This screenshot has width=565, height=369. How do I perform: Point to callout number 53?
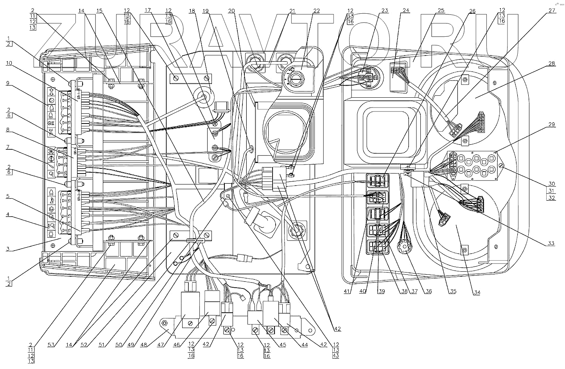click(51, 345)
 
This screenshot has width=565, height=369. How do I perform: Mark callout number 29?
click(552, 124)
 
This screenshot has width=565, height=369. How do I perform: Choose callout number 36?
click(429, 291)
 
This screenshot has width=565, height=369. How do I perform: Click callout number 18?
click(192, 11)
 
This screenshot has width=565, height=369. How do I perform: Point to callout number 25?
click(441, 11)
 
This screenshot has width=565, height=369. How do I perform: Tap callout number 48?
click(145, 345)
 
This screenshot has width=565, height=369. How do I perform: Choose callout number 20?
click(231, 11)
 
